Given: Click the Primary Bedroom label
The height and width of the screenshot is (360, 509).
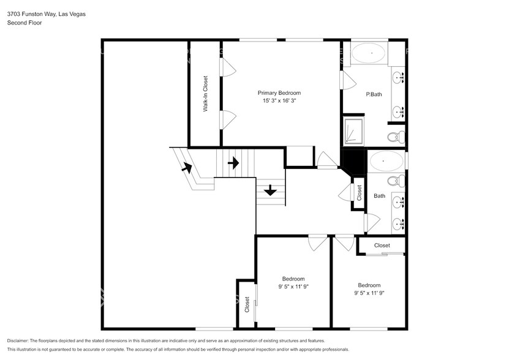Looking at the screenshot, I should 279,93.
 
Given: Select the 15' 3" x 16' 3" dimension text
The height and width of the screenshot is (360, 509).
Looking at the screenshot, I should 279,100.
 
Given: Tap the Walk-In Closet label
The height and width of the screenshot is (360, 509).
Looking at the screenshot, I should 206,94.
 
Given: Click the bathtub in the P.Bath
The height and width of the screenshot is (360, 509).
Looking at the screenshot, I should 369,53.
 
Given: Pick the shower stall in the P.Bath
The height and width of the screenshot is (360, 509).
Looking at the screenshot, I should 353,131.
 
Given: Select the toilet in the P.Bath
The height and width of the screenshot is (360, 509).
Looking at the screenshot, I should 394,136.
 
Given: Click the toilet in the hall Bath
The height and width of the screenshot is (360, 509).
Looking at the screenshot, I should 397,181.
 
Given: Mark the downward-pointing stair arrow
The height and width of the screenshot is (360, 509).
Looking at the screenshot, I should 270,191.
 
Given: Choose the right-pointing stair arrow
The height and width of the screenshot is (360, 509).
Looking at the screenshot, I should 233,163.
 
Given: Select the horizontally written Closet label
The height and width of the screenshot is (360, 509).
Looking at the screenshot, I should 382,246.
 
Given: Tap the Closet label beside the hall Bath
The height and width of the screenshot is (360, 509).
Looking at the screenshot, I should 359,192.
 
